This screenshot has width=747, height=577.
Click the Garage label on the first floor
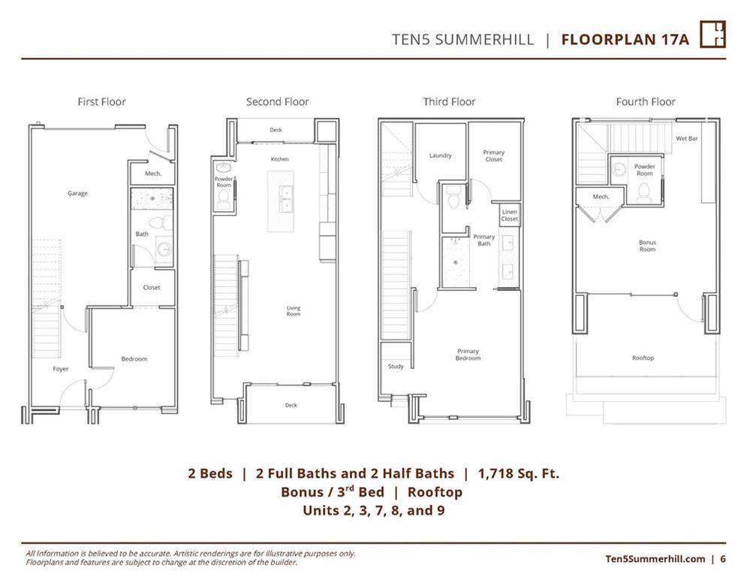(77, 194)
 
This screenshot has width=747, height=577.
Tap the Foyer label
(61, 369)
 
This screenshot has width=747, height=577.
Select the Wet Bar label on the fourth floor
(686, 138)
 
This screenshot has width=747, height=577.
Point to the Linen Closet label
(509, 215)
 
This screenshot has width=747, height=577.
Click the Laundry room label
(440, 156)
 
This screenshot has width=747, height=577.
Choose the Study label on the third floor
(396, 366)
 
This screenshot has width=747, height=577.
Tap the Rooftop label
(643, 358)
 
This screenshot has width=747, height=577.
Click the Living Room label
(294, 311)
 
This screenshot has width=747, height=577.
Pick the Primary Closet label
(493, 156)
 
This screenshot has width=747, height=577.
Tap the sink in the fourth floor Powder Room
(619, 169)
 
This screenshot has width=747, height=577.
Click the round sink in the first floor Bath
(164, 249)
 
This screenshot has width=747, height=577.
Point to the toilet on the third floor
(453, 198)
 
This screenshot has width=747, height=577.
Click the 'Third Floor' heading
(449, 101)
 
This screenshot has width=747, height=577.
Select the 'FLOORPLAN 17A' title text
(625, 39)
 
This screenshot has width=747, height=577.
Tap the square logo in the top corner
(712, 35)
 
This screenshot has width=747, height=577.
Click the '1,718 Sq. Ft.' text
(519, 473)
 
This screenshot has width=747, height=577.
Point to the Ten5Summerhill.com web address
(655, 559)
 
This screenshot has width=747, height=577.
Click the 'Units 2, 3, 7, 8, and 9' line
(374, 510)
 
